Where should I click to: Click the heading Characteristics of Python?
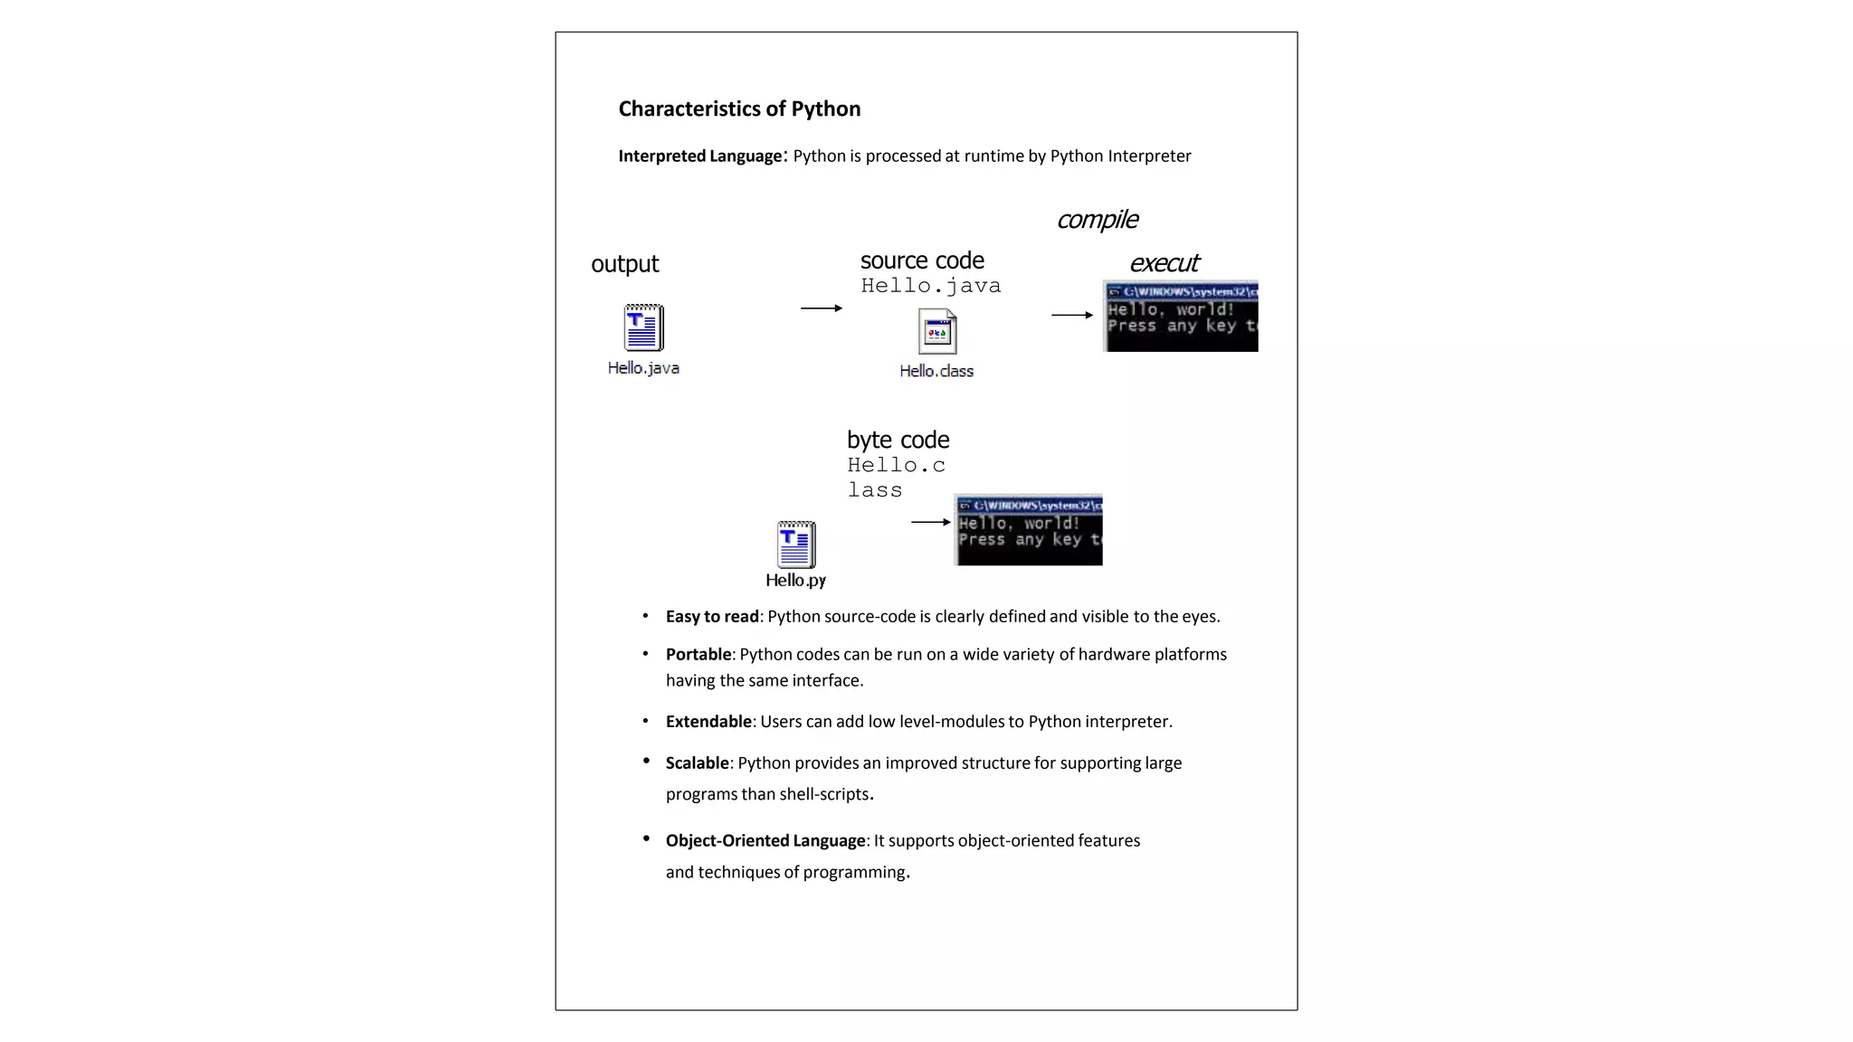[739, 109]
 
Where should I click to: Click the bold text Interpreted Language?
[699, 156]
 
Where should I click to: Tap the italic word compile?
[1097, 220]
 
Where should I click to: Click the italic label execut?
[1164, 263]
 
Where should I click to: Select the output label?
[624, 264]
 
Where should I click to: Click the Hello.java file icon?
[643, 327]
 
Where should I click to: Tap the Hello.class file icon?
[936, 332]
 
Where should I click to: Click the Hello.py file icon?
[796, 545]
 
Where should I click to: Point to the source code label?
[922, 260]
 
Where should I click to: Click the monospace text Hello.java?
[930, 286]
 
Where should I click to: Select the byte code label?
[898, 440]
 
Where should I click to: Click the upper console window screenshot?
[1181, 317]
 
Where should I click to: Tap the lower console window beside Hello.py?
[1029, 530]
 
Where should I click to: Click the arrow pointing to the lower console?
[930, 522]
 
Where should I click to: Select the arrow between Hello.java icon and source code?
[821, 308]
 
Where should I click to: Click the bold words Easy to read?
[712, 617]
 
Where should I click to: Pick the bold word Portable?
[698, 655]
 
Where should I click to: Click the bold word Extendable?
[708, 722]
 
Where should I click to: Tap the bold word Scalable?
[697, 763]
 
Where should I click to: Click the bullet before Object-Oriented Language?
[646, 838]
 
